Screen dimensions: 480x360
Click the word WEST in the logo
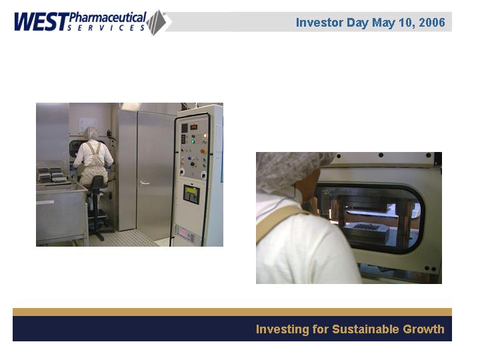(41, 21)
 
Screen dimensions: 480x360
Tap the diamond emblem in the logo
(156, 23)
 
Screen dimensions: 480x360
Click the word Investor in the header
(319, 23)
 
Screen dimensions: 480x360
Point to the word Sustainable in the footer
(365, 329)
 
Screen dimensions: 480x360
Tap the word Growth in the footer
(423, 329)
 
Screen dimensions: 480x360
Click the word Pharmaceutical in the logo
(108, 17)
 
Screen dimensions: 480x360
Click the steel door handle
(144, 183)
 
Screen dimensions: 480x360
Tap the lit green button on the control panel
(193, 141)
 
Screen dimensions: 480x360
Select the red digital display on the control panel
(194, 127)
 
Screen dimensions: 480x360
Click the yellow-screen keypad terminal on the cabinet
(191, 195)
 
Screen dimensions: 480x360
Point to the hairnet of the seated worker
(91, 133)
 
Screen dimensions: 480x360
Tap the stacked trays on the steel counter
(52, 175)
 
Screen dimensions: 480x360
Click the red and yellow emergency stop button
(203, 151)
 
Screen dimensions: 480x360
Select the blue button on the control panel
(189, 159)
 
